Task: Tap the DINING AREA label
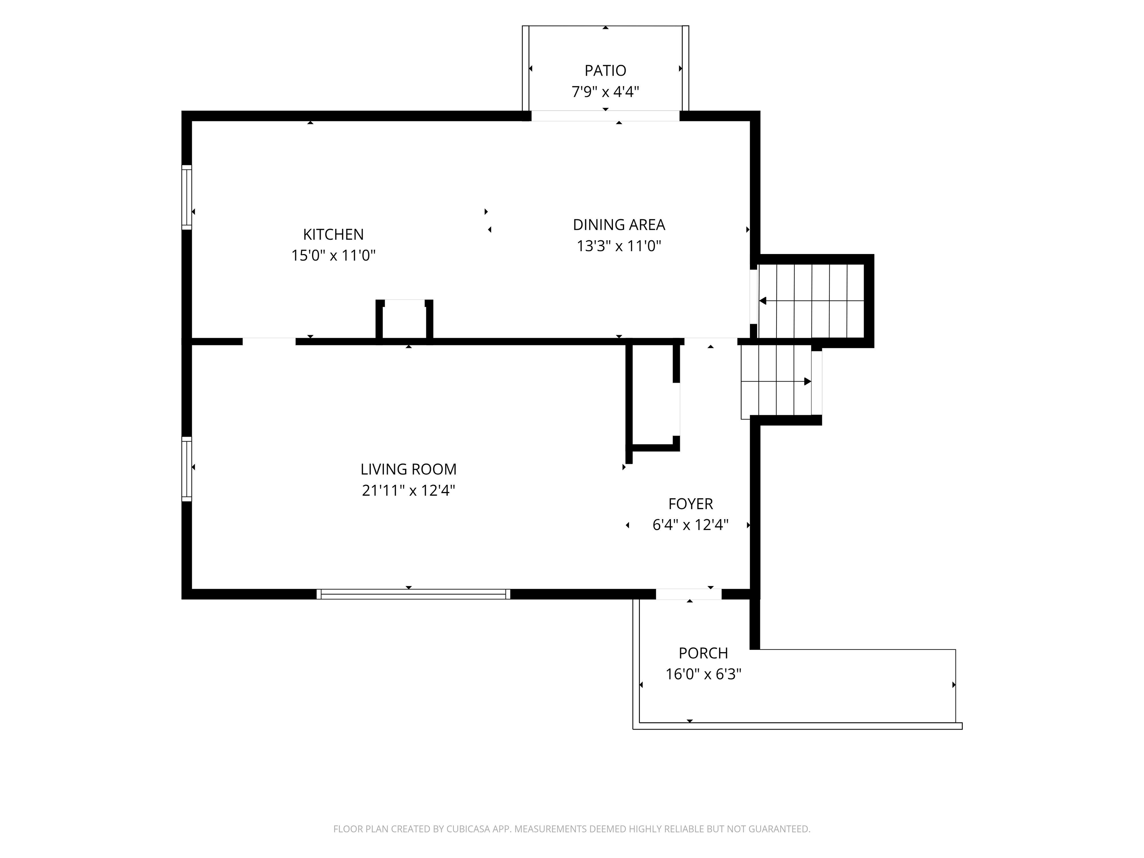[619, 225]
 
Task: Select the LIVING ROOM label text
[409, 469]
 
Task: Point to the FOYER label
[690, 504]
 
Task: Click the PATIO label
[605, 70]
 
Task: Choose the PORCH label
[703, 653]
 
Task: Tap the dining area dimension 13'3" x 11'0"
[619, 246]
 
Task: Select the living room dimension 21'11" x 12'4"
[409, 490]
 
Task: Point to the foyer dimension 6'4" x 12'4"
[690, 525]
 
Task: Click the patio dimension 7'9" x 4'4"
[605, 92]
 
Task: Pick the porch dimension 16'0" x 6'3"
[703, 674]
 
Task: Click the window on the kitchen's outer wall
[187, 197]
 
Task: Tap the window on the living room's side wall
[187, 469]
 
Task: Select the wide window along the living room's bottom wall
[413, 594]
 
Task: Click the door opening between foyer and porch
[689, 594]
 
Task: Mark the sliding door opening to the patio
[605, 116]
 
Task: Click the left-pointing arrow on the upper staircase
[811, 301]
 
